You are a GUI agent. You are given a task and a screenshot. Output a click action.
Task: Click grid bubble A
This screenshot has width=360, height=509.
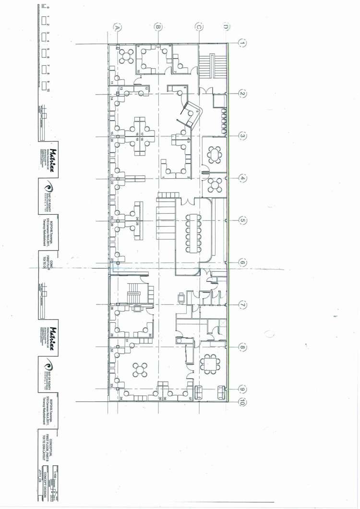pos(116,28)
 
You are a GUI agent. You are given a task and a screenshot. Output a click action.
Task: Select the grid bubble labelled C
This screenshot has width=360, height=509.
pos(198,28)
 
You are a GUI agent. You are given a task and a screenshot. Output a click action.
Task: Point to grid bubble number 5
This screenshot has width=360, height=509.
pos(242,220)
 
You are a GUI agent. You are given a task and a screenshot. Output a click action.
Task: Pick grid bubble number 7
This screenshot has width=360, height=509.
pos(242,305)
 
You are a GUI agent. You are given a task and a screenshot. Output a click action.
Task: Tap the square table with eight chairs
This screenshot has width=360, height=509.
pos(210,364)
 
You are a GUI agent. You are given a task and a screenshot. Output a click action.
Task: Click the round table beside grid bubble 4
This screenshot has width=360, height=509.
pos(214,184)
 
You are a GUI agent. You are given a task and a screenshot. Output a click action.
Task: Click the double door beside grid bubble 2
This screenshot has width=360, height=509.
pos(205,90)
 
